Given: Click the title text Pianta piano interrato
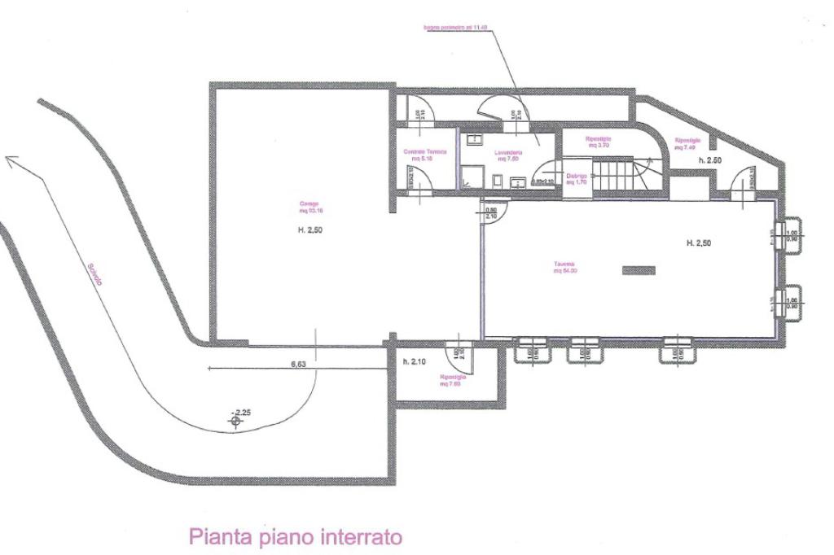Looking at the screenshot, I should (296, 537).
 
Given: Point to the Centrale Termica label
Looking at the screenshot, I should (425, 155).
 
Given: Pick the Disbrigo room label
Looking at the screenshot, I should (577, 178).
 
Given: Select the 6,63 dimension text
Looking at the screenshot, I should (298, 364).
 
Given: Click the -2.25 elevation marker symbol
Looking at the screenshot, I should (236, 419).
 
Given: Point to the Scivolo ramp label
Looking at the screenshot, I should (95, 273).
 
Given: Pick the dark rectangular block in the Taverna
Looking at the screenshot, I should (639, 271).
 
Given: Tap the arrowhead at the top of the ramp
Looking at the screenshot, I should (10, 161).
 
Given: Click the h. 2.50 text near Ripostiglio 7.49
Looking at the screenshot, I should (710, 161).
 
